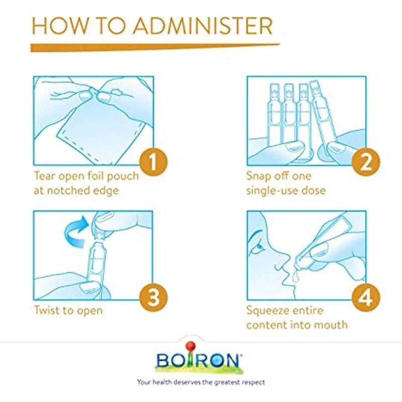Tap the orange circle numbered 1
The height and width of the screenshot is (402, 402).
pos(153,162)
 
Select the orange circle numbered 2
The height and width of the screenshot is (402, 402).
pos(366,162)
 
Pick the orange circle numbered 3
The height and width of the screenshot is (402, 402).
pos(153,297)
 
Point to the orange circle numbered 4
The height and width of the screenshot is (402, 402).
pos(366,297)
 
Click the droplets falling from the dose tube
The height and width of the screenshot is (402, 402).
pos(295,275)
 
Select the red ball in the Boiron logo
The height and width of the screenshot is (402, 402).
pos(191,345)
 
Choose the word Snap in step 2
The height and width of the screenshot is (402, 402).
pos(258,177)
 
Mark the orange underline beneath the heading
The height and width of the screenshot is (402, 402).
pos(155,47)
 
